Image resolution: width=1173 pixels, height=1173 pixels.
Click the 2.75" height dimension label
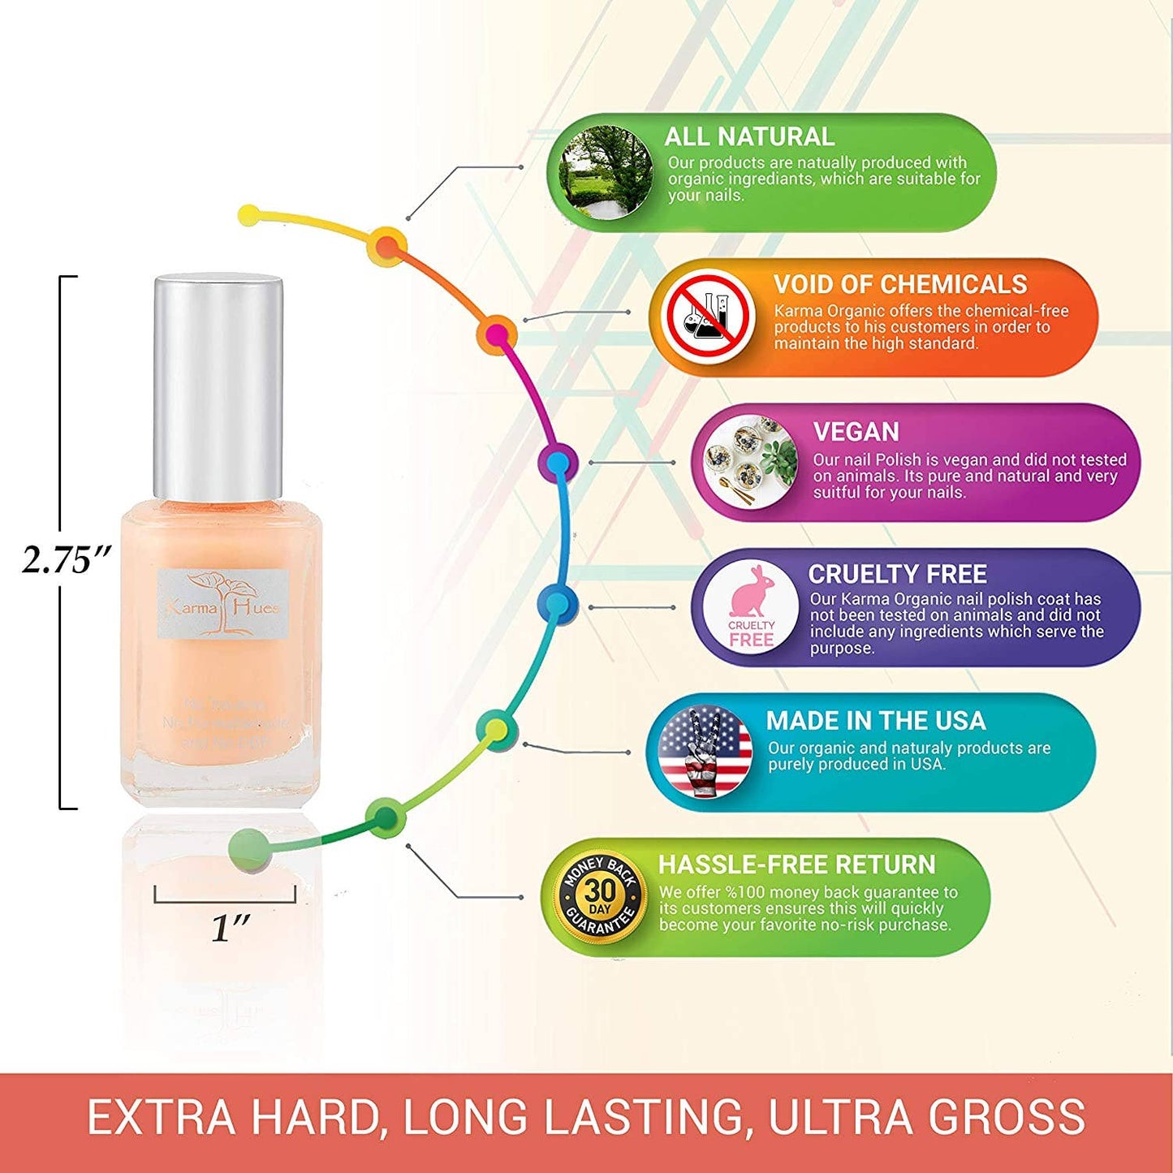coord(65,559)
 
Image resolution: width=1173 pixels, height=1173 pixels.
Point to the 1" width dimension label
coord(231,927)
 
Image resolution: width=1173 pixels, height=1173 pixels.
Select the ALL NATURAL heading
coord(748,136)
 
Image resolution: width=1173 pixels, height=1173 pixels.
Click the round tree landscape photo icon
coord(606,172)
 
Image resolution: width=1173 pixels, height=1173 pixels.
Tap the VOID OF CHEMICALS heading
coord(899,284)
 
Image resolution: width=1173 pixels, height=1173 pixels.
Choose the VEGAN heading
coord(856,431)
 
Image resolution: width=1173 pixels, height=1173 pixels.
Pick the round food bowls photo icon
coord(749,462)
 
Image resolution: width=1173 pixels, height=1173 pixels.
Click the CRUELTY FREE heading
coord(897,574)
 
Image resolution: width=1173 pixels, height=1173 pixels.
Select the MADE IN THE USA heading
coord(875,720)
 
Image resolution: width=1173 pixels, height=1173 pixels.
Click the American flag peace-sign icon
coord(705,751)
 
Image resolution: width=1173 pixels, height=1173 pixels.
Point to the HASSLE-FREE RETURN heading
coord(796,865)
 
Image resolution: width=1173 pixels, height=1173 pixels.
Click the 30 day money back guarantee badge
coord(600,897)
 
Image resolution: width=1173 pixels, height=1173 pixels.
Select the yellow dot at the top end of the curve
coord(250,215)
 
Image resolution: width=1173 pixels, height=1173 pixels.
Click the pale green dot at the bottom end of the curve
coord(248,848)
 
